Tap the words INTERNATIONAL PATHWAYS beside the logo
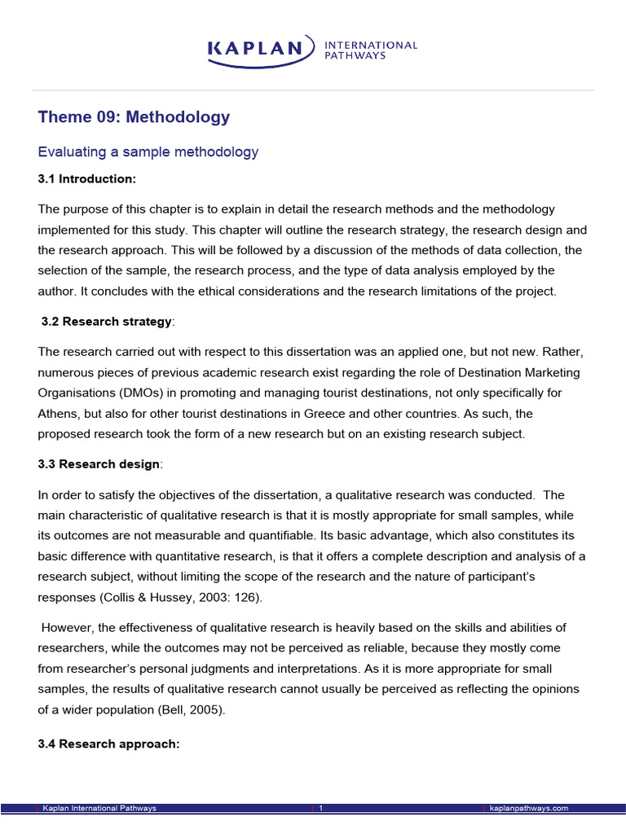pos(370,50)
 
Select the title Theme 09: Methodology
pos(134,117)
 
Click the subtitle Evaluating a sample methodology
pos(148,151)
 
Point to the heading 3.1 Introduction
pos(87,178)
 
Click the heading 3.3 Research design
pos(99,464)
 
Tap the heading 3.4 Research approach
pos(108,744)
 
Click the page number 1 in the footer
pos(321,808)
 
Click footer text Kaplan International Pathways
pos(99,808)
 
